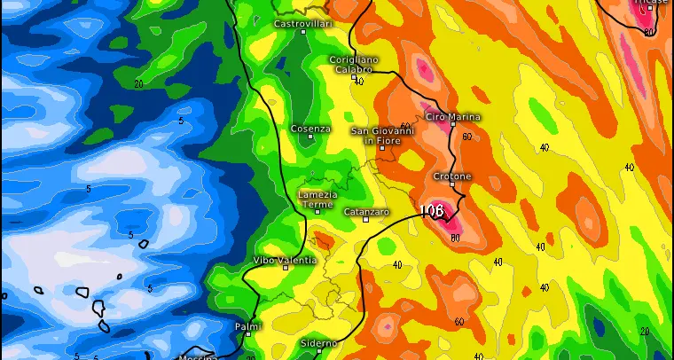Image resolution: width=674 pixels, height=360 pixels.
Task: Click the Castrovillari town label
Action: (x=302, y=23)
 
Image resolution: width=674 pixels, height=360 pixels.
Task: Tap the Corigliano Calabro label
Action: (x=355, y=65)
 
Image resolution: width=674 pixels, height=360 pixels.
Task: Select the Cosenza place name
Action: (x=311, y=129)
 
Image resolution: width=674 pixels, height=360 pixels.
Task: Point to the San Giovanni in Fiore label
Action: (x=382, y=136)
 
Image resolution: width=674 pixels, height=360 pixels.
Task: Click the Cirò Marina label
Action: (x=453, y=116)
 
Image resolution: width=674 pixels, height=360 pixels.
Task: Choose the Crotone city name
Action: (x=452, y=176)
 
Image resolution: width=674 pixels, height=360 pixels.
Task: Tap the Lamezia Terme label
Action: (x=317, y=200)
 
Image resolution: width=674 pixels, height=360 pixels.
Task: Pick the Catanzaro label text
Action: (x=366, y=212)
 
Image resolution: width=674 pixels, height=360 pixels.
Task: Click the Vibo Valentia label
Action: (x=285, y=260)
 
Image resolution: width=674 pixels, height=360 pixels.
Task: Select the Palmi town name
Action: (x=248, y=326)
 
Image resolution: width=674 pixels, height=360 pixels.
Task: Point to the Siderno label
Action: (x=318, y=342)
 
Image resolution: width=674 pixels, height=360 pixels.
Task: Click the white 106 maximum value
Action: (x=432, y=210)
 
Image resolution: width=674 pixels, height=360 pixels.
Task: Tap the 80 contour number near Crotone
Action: (x=455, y=237)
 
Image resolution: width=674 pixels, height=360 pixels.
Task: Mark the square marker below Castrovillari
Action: (x=303, y=32)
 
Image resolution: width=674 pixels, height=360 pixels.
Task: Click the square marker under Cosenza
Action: (x=311, y=137)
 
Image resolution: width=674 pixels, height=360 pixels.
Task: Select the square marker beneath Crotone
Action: (x=452, y=185)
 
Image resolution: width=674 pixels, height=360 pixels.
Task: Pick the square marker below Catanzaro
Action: (x=366, y=220)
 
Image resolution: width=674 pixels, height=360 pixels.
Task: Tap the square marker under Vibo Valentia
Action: (x=285, y=268)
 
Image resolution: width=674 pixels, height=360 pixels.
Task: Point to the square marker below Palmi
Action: (x=248, y=335)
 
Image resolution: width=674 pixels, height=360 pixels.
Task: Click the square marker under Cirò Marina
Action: (x=453, y=125)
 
